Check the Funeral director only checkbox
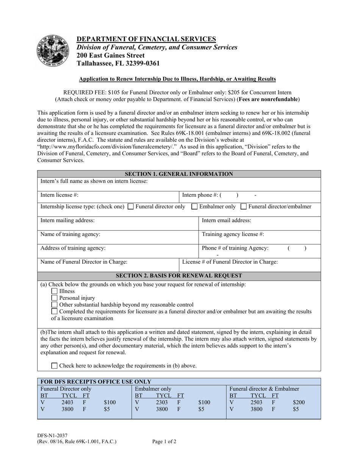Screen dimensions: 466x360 coord(131,207)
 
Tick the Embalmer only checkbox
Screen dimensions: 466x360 coord(194,207)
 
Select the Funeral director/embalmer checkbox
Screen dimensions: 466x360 coord(244,207)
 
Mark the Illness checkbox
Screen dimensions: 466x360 coord(55,291)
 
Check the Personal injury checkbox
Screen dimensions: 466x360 coord(55,298)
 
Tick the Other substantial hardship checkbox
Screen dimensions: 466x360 coord(55,305)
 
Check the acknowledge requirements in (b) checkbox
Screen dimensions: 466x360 coord(55,366)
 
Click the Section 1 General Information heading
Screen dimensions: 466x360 coord(179,174)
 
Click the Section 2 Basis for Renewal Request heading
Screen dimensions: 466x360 coord(179,275)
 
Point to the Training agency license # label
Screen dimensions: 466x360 coord(233,234)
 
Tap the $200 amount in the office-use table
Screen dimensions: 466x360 coord(299,403)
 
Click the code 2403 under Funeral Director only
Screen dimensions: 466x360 coord(67,403)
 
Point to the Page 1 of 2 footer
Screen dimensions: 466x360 coord(164,441)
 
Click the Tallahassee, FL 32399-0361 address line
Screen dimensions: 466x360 coord(118,63)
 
